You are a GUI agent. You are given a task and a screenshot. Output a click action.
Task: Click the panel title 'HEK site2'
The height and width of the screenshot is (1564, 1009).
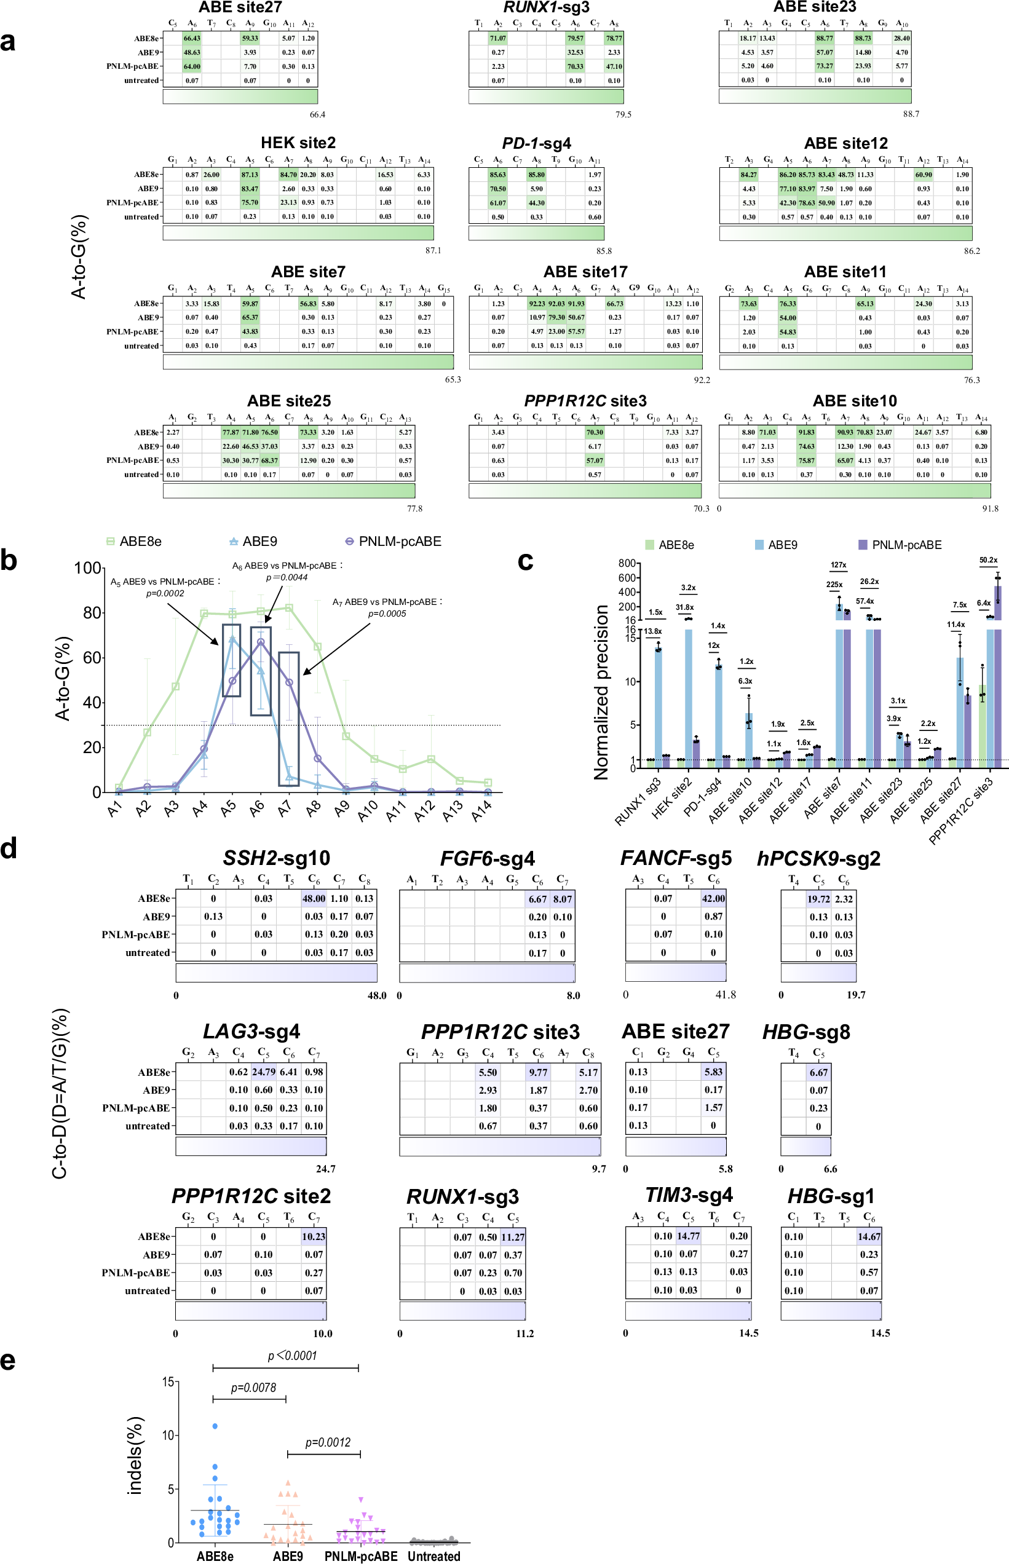[x=298, y=143]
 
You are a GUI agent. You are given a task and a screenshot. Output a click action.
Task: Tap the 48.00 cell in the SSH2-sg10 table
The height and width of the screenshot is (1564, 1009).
[x=313, y=899]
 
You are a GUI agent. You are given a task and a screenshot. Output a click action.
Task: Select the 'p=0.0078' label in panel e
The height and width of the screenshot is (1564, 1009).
[x=253, y=1388]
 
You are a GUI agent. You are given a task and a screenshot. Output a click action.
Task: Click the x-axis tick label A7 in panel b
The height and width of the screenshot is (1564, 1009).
[x=284, y=810]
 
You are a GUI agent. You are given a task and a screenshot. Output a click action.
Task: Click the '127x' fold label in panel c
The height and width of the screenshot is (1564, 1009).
[x=838, y=565]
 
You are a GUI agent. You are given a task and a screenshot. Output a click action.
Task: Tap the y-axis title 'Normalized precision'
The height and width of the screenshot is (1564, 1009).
[x=601, y=692]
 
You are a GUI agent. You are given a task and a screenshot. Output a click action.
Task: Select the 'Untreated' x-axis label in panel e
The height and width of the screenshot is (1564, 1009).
[x=433, y=1557]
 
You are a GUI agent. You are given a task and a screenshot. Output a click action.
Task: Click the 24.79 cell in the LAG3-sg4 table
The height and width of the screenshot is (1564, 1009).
[x=263, y=1072]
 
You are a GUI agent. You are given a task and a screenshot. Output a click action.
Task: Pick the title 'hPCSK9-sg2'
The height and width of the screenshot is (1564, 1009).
[x=818, y=859]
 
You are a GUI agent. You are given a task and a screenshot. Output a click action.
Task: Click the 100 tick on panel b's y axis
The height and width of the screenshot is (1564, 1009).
[x=88, y=568]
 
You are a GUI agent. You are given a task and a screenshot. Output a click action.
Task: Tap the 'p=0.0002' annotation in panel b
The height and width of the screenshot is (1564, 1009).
[x=165, y=593]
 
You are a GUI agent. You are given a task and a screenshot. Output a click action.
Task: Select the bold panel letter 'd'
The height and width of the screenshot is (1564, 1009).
[x=9, y=849]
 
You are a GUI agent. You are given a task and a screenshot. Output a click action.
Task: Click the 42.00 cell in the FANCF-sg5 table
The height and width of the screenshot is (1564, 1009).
[x=713, y=899]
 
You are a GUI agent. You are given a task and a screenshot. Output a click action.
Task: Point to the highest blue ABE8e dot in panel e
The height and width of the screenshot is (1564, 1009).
[x=215, y=1426]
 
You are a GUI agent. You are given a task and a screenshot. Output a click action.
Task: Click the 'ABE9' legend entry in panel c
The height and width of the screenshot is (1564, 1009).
[x=781, y=545]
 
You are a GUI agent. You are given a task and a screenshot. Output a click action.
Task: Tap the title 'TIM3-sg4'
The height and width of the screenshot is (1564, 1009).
[x=689, y=1195]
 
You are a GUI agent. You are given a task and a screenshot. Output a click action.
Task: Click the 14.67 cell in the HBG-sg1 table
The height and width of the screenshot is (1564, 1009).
[x=869, y=1236]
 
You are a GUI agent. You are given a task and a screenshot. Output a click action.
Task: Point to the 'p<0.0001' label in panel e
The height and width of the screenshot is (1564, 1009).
[x=291, y=1356]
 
